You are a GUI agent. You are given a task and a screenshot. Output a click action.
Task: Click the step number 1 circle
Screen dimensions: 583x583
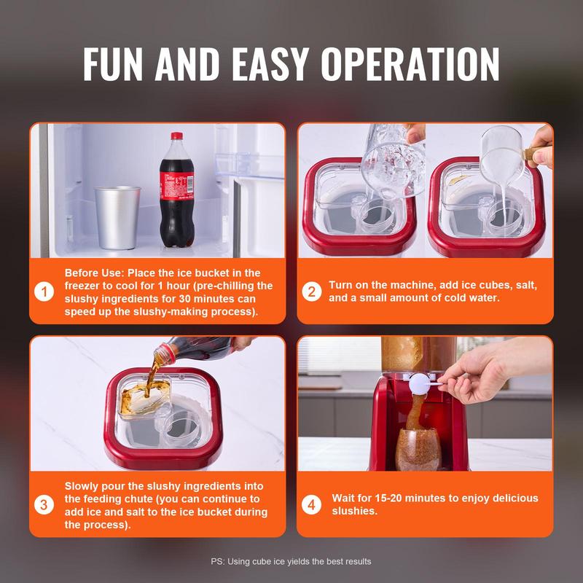tap(45, 291)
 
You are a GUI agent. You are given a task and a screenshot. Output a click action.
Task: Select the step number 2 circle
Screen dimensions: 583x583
tap(311, 291)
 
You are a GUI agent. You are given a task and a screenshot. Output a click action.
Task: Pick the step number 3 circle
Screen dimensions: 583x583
tap(45, 504)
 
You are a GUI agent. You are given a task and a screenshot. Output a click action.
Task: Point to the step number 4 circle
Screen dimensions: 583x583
tap(311, 504)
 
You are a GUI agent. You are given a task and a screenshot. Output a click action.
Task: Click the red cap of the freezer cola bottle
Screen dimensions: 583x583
tap(176, 137)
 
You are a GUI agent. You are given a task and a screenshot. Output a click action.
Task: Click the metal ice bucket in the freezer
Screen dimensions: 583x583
tap(117, 217)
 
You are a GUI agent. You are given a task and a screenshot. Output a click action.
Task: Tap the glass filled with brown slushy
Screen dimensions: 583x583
tap(418, 448)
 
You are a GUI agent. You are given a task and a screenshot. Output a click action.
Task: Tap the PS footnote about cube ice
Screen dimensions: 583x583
tap(291, 561)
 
